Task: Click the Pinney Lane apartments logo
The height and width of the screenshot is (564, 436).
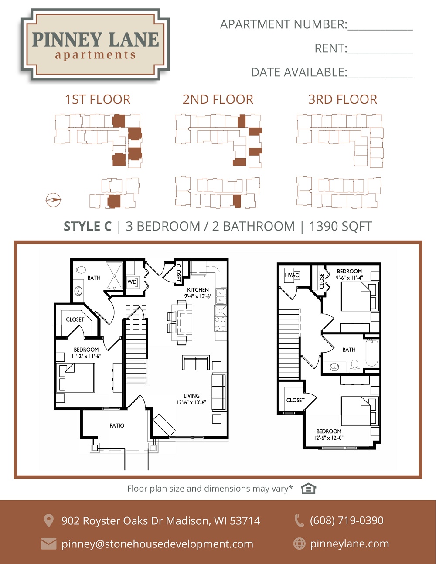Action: tap(95, 44)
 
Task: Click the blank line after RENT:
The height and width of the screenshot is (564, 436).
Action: tap(380, 54)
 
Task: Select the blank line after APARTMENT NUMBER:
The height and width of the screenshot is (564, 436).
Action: tap(380, 30)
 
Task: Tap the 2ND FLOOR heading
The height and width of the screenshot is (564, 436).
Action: tap(218, 99)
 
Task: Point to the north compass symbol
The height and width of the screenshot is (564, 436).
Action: tap(53, 200)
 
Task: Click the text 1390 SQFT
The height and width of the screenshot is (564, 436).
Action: tap(341, 226)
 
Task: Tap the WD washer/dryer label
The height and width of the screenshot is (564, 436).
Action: tap(132, 282)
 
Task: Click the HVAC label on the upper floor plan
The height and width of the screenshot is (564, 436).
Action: tap(292, 275)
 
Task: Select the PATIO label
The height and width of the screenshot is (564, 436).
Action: tap(117, 426)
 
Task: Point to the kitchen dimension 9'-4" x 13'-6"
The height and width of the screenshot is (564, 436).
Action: tap(198, 296)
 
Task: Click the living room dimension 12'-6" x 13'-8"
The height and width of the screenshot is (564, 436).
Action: tap(191, 403)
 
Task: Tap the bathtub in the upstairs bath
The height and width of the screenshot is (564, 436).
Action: tap(372, 353)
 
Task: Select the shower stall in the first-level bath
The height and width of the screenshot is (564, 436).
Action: tap(114, 275)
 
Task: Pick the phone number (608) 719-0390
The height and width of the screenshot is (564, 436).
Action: tap(347, 520)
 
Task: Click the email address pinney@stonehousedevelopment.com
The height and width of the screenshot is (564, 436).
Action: tap(157, 544)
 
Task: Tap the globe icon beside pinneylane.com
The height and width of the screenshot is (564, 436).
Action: tap(300, 544)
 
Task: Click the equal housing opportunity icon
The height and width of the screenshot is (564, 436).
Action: tap(308, 489)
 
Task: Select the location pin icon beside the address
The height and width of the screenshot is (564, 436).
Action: tap(48, 520)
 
